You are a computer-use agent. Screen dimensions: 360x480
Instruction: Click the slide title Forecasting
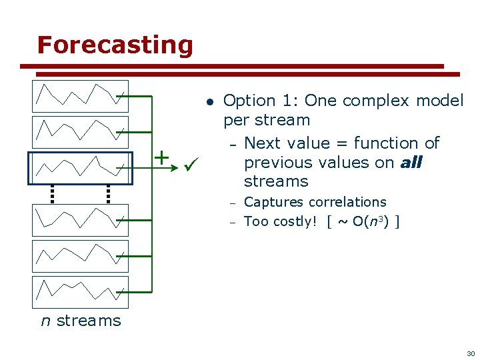click(115, 45)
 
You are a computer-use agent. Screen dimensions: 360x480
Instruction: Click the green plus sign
click(162, 157)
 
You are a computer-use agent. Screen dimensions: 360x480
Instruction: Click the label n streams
click(81, 321)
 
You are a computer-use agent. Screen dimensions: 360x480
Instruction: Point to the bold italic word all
click(411, 163)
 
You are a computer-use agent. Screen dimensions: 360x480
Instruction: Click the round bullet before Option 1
click(209, 102)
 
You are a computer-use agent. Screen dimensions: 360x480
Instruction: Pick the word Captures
click(272, 202)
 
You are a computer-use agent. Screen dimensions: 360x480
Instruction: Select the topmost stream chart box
click(80, 96)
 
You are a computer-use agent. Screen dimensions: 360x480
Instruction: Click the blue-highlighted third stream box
click(80, 168)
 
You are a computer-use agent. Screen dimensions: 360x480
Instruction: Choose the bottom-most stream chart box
click(80, 292)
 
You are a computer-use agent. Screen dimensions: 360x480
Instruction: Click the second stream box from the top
click(80, 132)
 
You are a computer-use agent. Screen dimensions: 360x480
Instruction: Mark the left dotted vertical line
click(52, 193)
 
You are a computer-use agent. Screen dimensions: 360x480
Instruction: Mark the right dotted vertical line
click(108, 193)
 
